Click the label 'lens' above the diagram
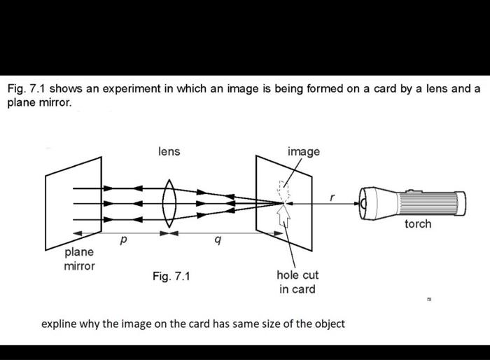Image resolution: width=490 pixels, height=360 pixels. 169,151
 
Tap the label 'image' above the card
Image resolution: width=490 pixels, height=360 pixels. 303,151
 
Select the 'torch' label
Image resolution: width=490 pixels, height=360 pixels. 418,224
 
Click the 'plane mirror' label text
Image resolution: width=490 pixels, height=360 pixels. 79,258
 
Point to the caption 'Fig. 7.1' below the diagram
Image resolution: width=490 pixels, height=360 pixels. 171,277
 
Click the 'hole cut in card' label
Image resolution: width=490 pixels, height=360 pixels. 297,282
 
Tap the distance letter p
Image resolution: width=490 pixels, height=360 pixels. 123,240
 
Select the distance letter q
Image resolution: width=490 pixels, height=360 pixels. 218,240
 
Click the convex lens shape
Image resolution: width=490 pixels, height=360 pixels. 169,203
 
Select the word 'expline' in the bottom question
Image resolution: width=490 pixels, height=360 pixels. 59,324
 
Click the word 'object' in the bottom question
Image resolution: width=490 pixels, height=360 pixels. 327,324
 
